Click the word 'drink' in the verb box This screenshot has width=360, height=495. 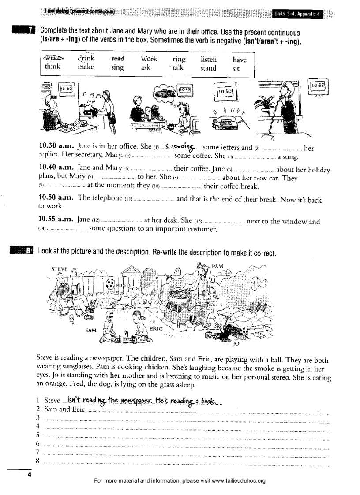pos(86,58)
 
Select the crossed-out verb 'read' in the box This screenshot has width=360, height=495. pos(118,59)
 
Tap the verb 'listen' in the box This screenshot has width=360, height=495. pos(209,59)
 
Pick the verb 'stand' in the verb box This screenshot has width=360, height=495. pos(208,68)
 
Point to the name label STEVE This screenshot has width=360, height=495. pos(60,268)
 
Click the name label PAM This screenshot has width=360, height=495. pos(217,266)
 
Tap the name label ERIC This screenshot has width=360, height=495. pos(156,328)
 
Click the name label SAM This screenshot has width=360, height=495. pos(91,329)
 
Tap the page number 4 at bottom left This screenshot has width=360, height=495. pos(30,475)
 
